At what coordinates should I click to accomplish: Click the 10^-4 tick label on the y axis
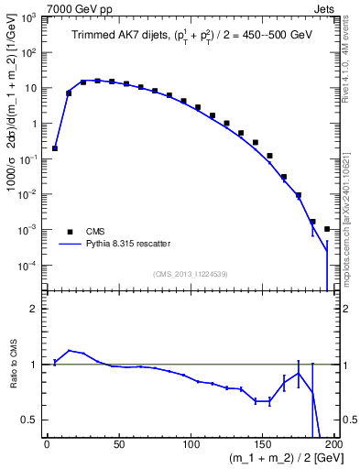[x=30, y=266]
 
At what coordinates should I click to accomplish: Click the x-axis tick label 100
[x=191, y=447]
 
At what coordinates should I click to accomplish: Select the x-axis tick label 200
[x=334, y=447]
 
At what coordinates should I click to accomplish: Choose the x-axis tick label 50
[x=118, y=447]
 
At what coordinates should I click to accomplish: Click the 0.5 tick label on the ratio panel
[x=30, y=420]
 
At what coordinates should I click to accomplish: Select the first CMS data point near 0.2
[x=55, y=147]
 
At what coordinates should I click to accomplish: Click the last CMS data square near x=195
[x=327, y=229]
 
